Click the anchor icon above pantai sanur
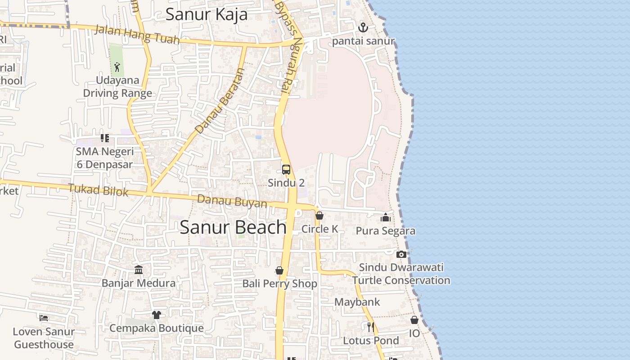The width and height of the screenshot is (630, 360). [x=363, y=27]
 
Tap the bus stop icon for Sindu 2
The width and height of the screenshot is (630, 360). [x=286, y=170]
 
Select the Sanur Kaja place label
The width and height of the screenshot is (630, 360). [x=207, y=14]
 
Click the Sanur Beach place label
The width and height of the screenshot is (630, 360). [x=233, y=227]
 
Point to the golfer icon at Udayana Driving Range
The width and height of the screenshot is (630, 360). [x=117, y=67]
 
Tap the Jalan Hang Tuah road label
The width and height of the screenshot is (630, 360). [x=138, y=34]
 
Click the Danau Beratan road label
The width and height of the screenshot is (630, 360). [x=219, y=101]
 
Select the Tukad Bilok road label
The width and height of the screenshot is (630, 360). [x=98, y=190]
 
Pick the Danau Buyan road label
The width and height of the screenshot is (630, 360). [x=232, y=201]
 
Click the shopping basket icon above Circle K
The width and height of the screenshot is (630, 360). [x=319, y=216]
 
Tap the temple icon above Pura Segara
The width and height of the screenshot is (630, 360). [x=385, y=218]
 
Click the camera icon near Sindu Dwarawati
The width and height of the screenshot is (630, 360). [x=401, y=254]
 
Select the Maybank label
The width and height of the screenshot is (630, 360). [x=357, y=302]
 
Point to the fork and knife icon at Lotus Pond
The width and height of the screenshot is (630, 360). [x=371, y=327]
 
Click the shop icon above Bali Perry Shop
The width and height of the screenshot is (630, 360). [x=279, y=270]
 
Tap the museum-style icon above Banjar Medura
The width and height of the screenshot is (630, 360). [x=139, y=270]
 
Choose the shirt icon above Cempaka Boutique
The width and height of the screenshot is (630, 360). [x=156, y=315]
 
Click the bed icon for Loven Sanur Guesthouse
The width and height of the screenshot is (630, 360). [x=44, y=318]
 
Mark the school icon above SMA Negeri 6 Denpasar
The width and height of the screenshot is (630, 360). [x=104, y=138]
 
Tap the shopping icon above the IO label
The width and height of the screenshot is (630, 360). [x=414, y=320]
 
